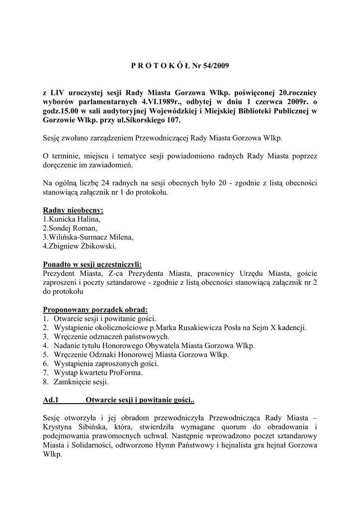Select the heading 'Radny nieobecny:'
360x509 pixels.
point(73,210)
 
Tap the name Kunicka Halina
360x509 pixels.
point(74,219)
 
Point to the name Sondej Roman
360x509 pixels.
point(72,228)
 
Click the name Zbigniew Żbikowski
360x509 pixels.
point(82,246)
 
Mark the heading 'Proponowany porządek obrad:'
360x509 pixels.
point(95,309)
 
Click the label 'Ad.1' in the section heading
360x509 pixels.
point(51,400)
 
